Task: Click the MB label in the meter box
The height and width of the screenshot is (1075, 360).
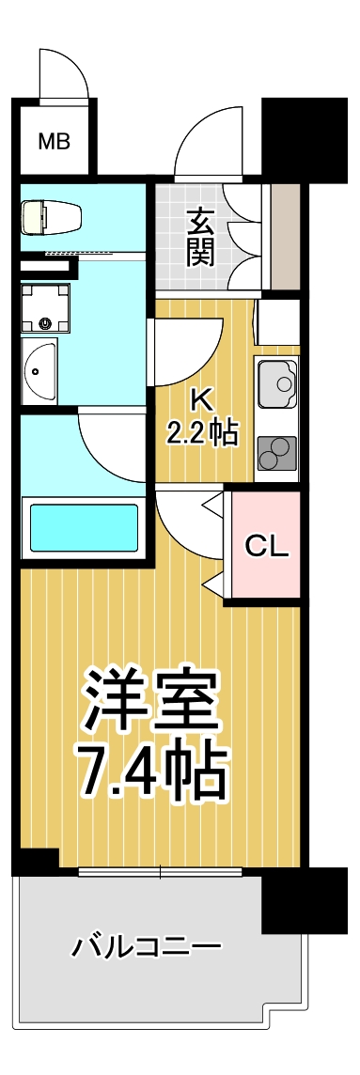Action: tap(54, 143)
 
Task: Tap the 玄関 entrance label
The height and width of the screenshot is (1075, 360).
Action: tap(199, 236)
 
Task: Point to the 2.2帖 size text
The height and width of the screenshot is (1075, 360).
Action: tap(202, 433)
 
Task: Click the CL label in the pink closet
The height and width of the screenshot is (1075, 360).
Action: tap(266, 546)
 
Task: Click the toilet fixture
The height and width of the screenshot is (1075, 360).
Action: tap(52, 217)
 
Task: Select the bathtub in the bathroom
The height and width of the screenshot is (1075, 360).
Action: tap(85, 529)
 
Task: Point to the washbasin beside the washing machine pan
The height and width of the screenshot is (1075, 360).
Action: tap(39, 371)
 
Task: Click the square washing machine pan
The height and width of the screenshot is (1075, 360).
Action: tap(46, 307)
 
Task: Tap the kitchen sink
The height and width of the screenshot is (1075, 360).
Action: tap(276, 382)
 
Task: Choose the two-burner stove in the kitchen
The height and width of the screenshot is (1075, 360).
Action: tap(276, 454)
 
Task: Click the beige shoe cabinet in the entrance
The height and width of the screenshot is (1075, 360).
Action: tap(285, 236)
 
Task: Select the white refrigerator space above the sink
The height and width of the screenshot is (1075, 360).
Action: tap(277, 322)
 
